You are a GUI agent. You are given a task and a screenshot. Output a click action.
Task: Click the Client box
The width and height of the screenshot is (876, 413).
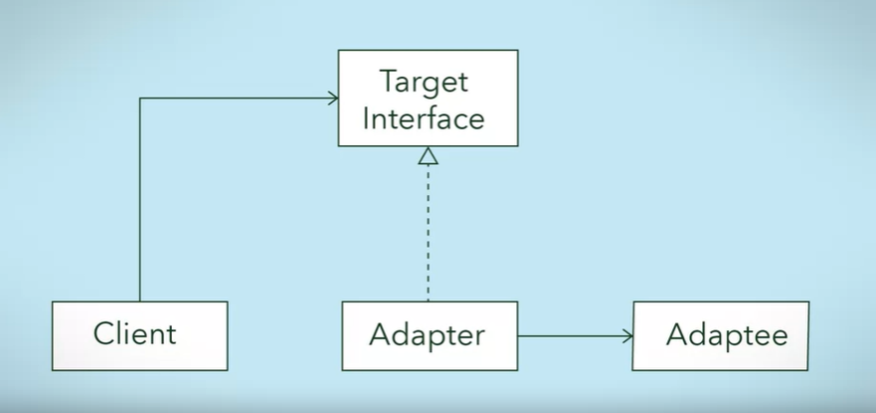(139, 335)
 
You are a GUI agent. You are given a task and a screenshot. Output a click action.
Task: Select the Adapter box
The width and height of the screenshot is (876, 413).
(429, 335)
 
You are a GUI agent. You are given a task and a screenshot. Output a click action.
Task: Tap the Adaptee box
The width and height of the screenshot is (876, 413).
(721, 335)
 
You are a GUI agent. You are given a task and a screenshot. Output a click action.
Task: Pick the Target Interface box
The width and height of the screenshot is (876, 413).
(428, 99)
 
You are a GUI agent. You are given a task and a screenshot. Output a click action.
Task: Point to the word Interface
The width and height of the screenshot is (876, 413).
(424, 118)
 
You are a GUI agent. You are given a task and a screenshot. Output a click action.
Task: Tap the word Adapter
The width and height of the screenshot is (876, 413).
(427, 335)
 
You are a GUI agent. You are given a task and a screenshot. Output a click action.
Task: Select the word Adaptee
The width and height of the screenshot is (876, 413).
(727, 335)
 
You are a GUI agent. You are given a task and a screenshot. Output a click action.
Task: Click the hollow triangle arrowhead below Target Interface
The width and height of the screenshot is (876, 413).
(428, 155)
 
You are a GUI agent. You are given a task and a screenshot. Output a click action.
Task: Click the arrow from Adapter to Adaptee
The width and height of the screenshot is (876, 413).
(575, 335)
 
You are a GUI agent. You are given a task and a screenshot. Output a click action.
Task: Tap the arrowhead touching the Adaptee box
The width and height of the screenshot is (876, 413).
(627, 335)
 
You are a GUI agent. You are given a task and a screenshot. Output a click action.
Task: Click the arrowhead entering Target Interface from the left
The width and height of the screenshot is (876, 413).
(332, 98)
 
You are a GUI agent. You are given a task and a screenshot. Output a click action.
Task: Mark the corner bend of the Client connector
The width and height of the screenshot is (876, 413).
(140, 99)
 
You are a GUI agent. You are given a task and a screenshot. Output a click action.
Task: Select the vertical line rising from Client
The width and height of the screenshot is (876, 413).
(140, 199)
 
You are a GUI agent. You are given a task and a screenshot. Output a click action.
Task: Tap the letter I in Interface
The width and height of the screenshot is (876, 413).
(367, 118)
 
